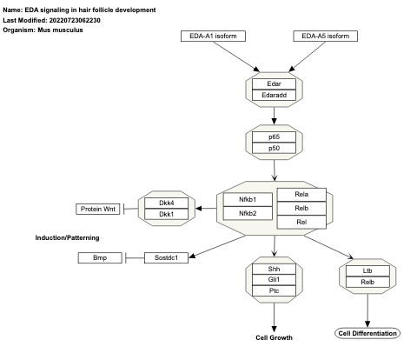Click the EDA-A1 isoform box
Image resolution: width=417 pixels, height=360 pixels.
[214, 36]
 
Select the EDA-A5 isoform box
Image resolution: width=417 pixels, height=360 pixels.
[323, 36]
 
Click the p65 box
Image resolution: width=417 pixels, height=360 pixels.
[274, 137]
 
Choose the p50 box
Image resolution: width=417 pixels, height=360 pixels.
[274, 149]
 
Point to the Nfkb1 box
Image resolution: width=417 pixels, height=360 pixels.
[249, 200]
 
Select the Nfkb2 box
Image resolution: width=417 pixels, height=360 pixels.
[249, 213]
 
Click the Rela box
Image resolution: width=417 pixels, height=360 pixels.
[301, 195]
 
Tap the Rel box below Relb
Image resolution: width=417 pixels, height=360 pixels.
[301, 221]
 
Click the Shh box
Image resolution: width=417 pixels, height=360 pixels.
[274, 268]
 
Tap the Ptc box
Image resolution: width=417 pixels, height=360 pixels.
[274, 290]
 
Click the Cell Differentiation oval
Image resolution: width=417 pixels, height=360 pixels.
[366, 333]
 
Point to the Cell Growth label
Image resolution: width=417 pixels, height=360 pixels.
[274, 337]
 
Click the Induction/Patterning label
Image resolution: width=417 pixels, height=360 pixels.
[67, 237]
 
